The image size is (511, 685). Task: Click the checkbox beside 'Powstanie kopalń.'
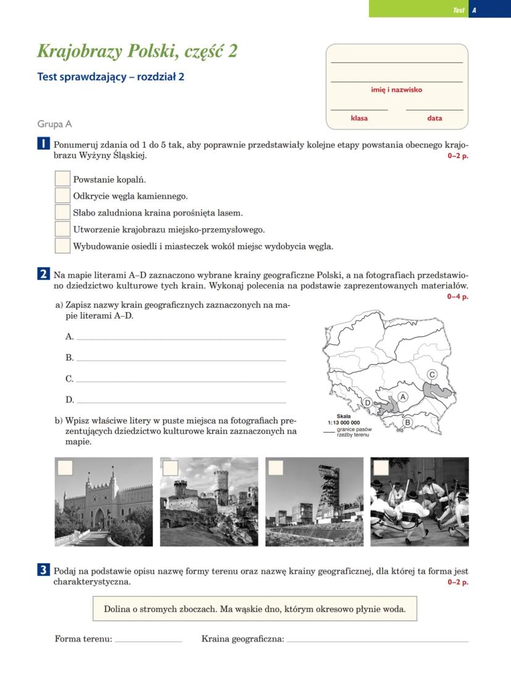pyautogui.click(x=62, y=179)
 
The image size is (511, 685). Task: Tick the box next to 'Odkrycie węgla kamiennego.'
pyautogui.click(x=62, y=196)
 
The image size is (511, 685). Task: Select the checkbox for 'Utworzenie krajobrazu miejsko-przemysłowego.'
pyautogui.click(x=62, y=229)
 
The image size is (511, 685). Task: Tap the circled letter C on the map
pyautogui.click(x=433, y=375)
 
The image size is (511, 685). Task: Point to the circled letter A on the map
pyautogui.click(x=404, y=397)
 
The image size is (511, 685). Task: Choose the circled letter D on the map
pyautogui.click(x=368, y=403)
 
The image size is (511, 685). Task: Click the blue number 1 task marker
pyautogui.click(x=43, y=144)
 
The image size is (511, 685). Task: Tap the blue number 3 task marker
pyautogui.click(x=43, y=571)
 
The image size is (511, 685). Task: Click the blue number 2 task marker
pyautogui.click(x=43, y=273)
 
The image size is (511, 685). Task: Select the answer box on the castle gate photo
pyautogui.click(x=64, y=468)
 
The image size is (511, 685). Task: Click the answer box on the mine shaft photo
pyautogui.click(x=276, y=468)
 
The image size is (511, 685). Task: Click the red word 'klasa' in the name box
pyautogui.click(x=359, y=118)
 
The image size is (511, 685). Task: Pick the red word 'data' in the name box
pyautogui.click(x=434, y=118)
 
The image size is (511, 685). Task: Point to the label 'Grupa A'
pyautogui.click(x=54, y=124)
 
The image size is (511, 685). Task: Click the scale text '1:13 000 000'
pyautogui.click(x=344, y=423)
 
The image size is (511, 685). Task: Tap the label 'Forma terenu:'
pyautogui.click(x=83, y=639)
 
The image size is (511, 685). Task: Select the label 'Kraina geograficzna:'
pyautogui.click(x=243, y=639)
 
